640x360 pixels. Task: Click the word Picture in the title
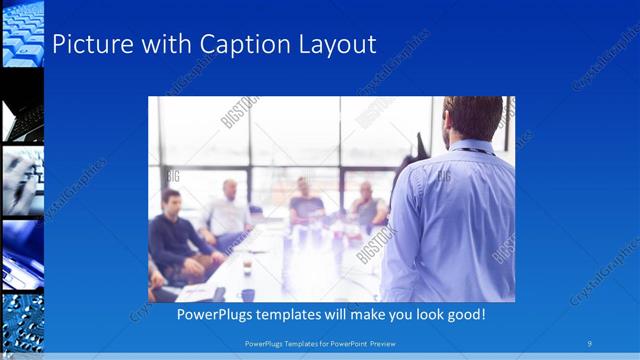tap(87, 45)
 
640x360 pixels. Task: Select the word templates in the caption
tap(303, 314)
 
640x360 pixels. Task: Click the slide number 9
tap(590, 343)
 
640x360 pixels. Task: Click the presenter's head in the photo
tap(471, 117)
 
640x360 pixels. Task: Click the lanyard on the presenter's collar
tap(470, 149)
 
